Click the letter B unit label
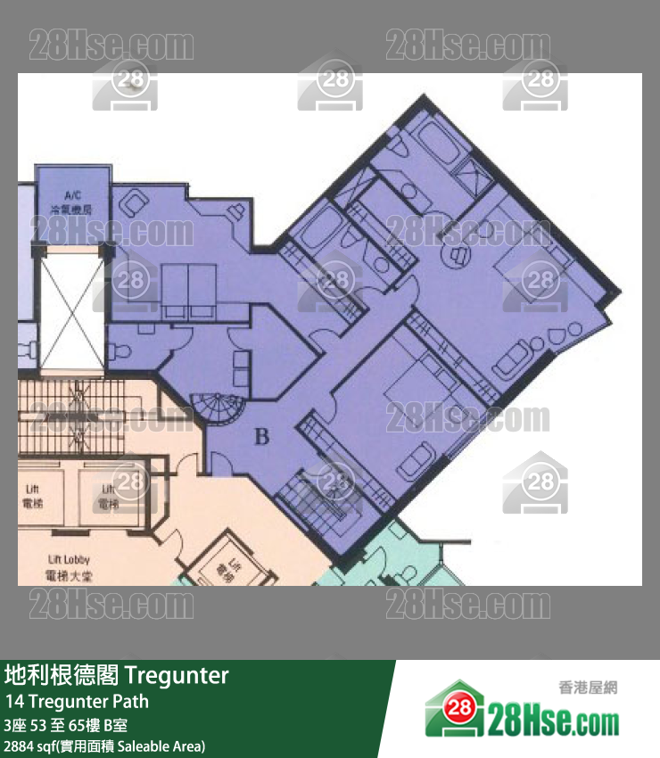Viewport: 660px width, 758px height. point(261,437)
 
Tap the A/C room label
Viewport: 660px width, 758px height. point(72,202)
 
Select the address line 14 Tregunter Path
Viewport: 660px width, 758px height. point(77,701)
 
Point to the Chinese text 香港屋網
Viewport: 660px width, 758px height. point(588,688)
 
